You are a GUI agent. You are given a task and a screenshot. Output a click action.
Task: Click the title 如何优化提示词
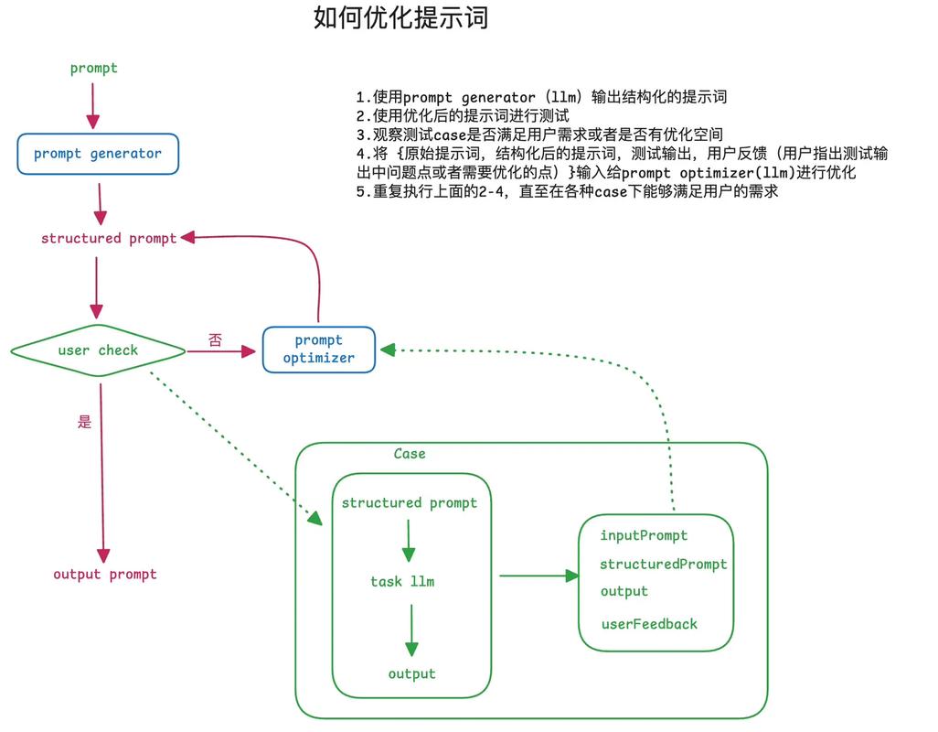tap(400, 18)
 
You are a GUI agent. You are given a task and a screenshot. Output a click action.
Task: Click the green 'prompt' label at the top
tap(94, 68)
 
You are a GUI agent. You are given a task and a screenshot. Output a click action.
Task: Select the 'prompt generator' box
tap(98, 154)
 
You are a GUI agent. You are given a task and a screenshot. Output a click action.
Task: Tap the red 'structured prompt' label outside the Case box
tap(109, 238)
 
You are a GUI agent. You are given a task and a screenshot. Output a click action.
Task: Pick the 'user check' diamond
tap(98, 350)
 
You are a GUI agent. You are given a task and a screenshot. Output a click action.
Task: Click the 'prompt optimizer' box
tap(319, 350)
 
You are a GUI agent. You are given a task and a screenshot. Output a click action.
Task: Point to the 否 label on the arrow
tap(215, 340)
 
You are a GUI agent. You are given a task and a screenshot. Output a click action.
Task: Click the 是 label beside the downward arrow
tap(85, 422)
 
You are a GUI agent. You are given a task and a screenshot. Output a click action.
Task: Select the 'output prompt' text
tap(105, 575)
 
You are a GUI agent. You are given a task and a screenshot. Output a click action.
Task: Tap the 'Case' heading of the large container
tap(410, 454)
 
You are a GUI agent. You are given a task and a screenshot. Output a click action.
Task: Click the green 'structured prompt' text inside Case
tap(410, 503)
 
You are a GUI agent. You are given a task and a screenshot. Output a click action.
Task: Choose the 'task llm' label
tap(402, 581)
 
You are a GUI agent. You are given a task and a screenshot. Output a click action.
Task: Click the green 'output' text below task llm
tap(411, 674)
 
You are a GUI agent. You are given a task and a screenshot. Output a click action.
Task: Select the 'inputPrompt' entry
tap(644, 535)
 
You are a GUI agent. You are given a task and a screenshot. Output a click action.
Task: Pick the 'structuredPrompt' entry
tap(663, 565)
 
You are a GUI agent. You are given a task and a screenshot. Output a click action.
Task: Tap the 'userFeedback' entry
tap(649, 624)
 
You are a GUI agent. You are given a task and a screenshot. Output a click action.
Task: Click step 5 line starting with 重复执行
tap(567, 192)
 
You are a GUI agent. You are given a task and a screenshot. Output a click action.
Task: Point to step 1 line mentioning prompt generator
tap(541, 97)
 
